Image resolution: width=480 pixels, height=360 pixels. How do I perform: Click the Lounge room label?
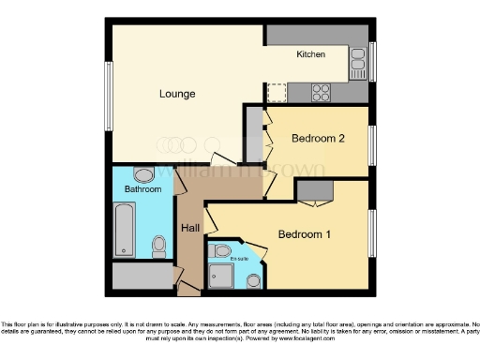click(177, 94)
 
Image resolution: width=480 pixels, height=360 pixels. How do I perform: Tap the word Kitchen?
click(311, 54)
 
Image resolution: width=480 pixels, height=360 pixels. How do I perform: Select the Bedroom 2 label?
click(319, 139)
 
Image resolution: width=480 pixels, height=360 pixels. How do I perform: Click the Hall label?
click(190, 228)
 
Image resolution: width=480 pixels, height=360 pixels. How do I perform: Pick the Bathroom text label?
click(143, 189)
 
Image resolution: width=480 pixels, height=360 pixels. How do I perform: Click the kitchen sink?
click(357, 63)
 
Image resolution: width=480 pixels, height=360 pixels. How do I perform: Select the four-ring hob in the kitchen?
click(321, 92)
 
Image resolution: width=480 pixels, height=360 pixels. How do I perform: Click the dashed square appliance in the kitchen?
click(277, 92)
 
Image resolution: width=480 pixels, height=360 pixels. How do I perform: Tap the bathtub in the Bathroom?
click(125, 230)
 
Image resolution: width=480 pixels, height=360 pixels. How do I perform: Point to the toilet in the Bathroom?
click(159, 247)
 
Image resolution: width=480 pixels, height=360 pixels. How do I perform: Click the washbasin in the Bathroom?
click(143, 174)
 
